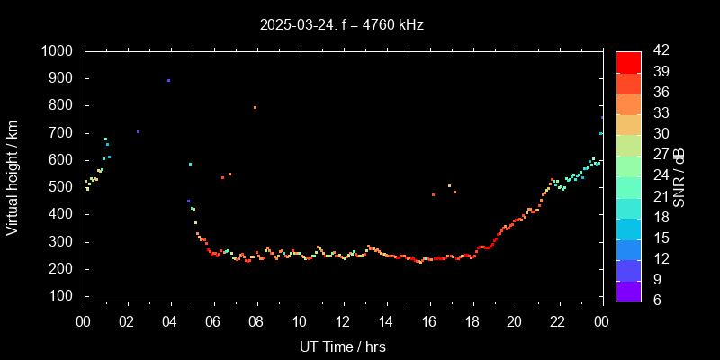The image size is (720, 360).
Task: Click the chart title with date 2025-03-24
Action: pos(341,25)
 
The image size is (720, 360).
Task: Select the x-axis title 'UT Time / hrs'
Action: pos(343,346)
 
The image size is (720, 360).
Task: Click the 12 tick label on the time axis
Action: pos(343,321)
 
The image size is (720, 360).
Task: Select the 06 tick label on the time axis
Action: pos(213,321)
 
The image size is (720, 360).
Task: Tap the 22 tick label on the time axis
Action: pos(558,321)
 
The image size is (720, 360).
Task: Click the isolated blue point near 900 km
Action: pos(168,80)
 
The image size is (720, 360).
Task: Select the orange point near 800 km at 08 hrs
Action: pos(255,107)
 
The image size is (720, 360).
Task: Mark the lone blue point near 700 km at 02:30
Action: pos(138,131)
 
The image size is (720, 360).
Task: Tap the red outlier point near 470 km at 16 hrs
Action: pos(433,194)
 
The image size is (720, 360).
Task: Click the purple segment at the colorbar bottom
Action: pos(628,290)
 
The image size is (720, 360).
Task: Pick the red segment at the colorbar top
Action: pos(628,61)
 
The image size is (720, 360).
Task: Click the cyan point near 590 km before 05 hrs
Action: pos(190,164)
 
